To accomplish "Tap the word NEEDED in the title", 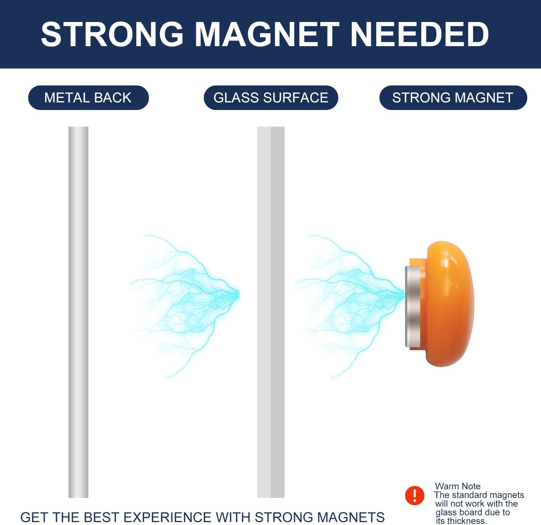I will point(419,34).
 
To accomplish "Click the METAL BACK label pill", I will point(88,98).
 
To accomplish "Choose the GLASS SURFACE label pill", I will point(270,98).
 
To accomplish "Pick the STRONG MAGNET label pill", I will point(453,98).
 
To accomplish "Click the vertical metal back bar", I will point(78,312).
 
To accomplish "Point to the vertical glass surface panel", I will point(270,312).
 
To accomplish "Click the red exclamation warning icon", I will point(414,495).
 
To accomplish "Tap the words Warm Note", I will point(457,486).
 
